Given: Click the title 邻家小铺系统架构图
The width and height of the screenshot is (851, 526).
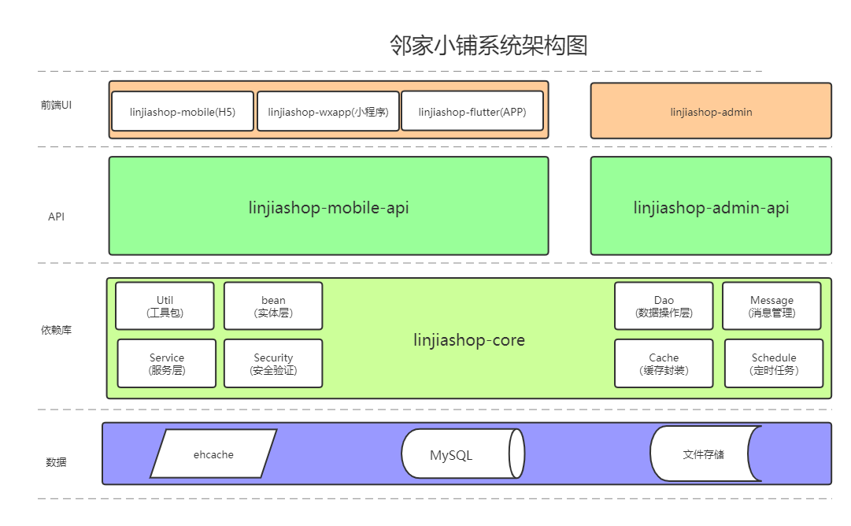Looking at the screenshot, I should pos(488,46).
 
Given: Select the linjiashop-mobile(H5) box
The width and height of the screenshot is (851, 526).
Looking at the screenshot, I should pos(183,112).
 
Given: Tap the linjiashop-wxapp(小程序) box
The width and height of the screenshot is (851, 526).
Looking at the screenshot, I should pos(328,112).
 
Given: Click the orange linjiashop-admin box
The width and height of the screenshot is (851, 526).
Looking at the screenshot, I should pos(711,112).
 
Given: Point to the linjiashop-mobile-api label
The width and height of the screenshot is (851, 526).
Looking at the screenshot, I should pos(328,208).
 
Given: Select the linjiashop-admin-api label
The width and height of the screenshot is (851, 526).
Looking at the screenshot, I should pos(711,208).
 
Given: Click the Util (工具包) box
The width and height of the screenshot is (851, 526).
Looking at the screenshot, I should pos(165,306).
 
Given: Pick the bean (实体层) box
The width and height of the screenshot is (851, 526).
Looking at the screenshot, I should pos(273,306).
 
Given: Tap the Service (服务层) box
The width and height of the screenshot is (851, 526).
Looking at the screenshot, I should pos(167,364).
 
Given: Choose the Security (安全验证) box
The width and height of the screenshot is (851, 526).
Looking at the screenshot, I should pos(273,364).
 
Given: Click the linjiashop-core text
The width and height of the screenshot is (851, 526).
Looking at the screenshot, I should pos(469,340).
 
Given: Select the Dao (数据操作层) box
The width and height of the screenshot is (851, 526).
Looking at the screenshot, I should pos(664,306).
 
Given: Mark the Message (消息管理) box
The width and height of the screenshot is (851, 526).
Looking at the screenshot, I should pos(771,306).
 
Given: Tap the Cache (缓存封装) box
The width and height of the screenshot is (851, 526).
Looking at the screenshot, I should pos(664,364).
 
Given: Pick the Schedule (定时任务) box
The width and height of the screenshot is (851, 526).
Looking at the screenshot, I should pos(774,364).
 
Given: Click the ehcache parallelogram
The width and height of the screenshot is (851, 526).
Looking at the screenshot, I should pos(213,454).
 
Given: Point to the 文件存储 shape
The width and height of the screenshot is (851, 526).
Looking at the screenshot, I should pos(703,454).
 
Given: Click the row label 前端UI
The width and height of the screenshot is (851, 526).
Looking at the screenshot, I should pos(57,105).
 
